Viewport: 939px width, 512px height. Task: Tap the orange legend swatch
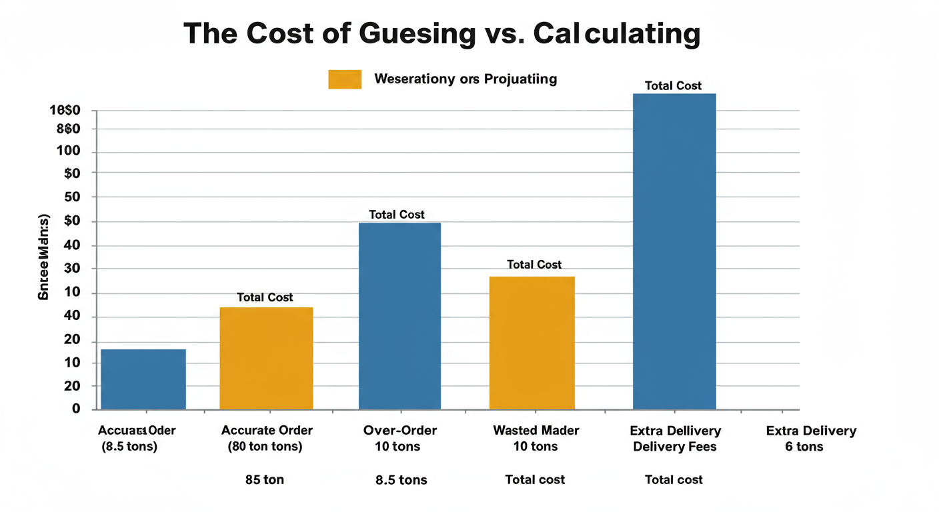point(345,79)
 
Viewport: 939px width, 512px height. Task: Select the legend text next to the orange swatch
point(465,79)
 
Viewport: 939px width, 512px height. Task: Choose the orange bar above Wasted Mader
point(532,343)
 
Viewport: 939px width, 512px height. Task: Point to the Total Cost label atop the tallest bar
point(674,86)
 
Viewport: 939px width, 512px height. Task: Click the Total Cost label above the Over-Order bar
point(397,215)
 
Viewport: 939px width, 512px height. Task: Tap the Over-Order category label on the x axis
point(400,431)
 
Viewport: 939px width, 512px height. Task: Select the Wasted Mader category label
point(536,431)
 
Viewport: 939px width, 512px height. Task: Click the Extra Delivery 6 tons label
point(811,439)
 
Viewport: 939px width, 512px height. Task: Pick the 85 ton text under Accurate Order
point(265,480)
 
